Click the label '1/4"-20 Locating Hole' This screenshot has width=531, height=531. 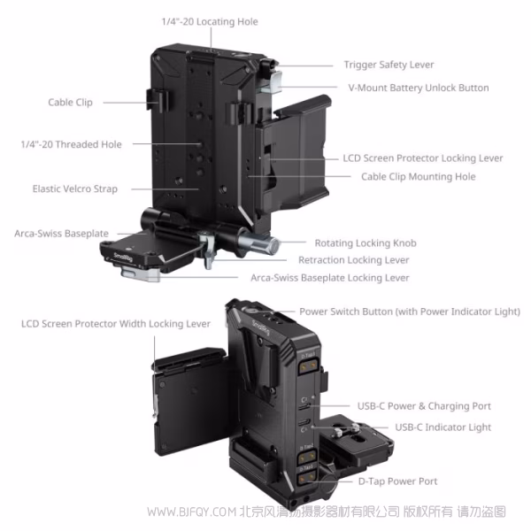(210, 21)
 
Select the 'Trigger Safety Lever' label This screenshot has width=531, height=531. (389, 65)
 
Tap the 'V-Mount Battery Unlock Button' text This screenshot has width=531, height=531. (419, 88)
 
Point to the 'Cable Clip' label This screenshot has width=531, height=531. (70, 103)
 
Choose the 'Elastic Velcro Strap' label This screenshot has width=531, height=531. (74, 189)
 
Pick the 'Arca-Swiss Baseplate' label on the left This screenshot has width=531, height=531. (61, 234)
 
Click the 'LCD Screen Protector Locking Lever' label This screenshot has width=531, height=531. (423, 158)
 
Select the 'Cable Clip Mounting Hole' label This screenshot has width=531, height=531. (418, 177)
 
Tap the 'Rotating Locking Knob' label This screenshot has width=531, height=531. (366, 242)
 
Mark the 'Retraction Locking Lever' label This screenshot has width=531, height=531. (354, 260)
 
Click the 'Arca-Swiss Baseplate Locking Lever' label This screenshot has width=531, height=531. (330, 278)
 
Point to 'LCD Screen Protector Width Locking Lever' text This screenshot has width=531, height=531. (116, 324)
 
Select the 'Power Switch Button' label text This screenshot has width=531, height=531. (410, 312)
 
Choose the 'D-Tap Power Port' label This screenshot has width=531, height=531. (397, 481)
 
